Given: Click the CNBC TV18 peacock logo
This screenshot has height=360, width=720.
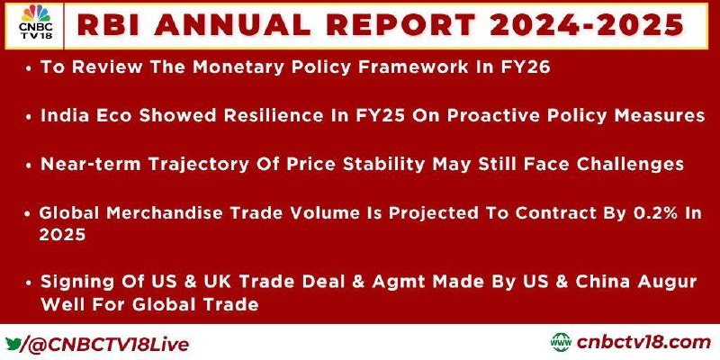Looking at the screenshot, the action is point(35,22).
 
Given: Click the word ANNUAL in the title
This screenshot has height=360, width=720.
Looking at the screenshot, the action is point(232,25).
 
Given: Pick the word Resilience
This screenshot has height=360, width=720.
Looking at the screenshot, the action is point(272,116).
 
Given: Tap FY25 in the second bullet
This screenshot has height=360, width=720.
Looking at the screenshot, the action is point(380,116).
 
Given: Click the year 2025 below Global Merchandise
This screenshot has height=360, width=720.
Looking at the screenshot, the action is point(62,235).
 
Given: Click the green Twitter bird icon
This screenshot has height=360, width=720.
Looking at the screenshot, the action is point(13,343).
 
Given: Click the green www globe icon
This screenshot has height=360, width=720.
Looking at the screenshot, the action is point(561,343).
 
